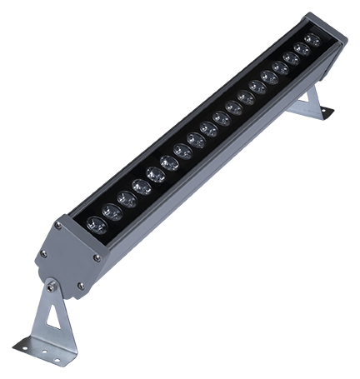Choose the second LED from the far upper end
pyautogui.click(x=302, y=48)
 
